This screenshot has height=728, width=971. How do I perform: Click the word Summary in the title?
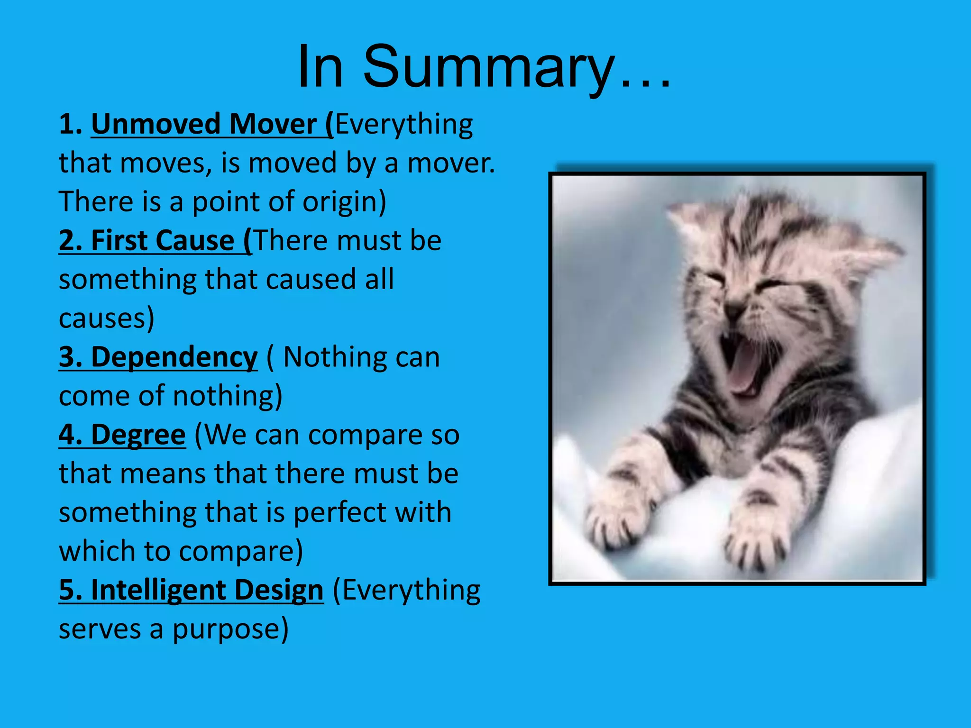click(x=488, y=67)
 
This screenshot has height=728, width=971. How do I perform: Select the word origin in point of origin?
click(x=344, y=202)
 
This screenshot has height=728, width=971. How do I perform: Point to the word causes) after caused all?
click(x=106, y=318)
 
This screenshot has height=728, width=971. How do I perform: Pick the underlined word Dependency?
click(x=174, y=357)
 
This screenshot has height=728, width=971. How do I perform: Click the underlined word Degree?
click(x=137, y=435)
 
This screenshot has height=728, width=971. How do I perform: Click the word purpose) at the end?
click(x=230, y=629)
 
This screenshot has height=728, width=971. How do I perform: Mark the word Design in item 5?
click(x=279, y=591)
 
